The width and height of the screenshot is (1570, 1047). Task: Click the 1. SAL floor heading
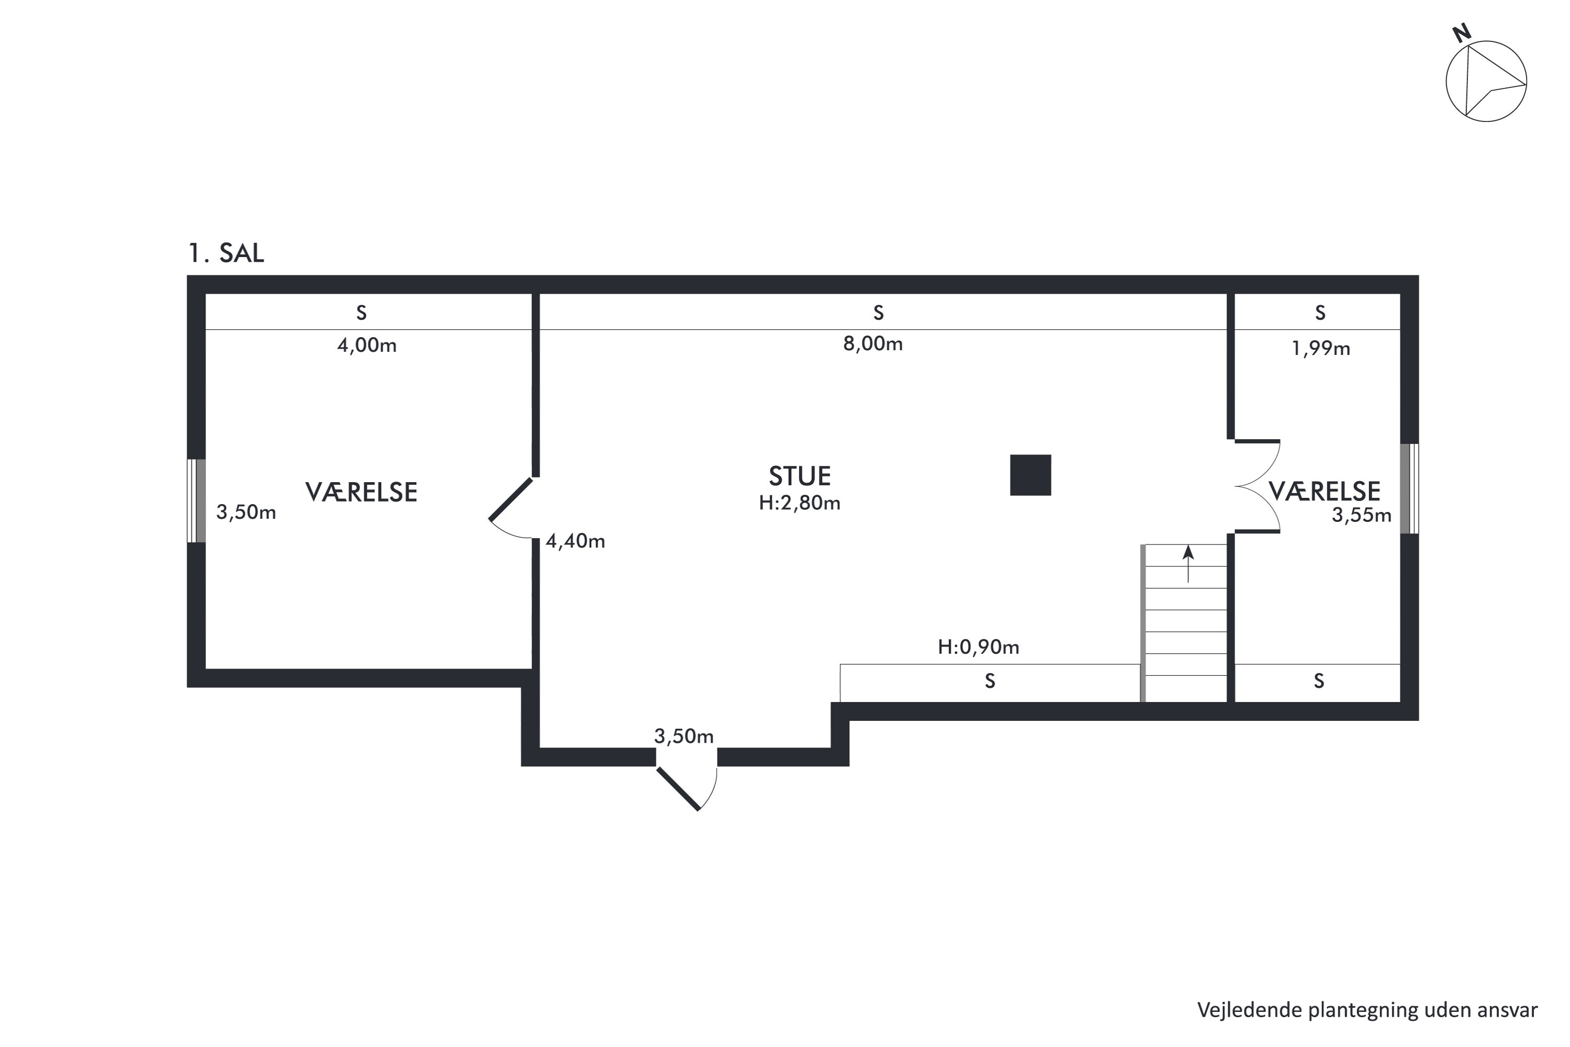226,253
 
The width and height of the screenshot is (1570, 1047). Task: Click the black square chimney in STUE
1030,475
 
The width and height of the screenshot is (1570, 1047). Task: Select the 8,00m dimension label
872,344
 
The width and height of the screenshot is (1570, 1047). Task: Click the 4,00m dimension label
366,345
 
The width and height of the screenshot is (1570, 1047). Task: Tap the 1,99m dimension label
1321,349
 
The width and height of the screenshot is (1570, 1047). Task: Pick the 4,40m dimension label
575,541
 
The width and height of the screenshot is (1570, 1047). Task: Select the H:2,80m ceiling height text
799,503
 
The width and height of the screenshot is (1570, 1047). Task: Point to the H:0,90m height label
978,647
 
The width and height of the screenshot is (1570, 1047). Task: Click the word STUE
799,476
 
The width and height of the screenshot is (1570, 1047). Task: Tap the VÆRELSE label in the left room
361,492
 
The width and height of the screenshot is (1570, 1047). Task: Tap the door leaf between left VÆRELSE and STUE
511,499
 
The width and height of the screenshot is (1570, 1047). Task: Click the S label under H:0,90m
990,681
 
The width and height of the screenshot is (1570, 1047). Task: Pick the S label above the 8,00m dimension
879,313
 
